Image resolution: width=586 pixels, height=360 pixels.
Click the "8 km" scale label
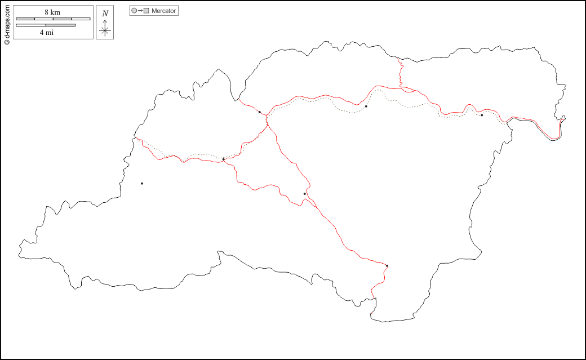tap(52, 12)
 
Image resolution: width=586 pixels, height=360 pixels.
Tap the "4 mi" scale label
tap(47, 32)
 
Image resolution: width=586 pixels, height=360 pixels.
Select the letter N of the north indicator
tap(105, 13)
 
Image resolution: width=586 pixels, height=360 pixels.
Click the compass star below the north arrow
tap(105, 31)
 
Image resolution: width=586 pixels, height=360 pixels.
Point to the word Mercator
tap(164, 11)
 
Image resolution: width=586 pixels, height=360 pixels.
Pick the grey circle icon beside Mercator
tap(134, 11)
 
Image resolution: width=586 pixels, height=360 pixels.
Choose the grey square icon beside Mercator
tap(146, 11)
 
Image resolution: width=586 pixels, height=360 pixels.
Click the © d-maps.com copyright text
tap(7, 23)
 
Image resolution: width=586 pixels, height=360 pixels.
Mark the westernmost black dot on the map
tap(142, 183)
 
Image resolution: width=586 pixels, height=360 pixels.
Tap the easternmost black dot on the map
tap(482, 115)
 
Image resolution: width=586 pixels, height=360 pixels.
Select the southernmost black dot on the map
tap(387, 265)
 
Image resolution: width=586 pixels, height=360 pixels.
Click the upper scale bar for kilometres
tap(53, 19)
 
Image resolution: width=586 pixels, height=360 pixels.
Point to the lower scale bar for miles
tap(46, 25)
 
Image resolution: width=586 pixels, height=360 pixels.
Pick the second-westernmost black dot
tap(224, 159)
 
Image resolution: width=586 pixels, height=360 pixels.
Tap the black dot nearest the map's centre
tap(305, 194)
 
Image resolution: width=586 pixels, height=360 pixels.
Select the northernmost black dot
tap(366, 106)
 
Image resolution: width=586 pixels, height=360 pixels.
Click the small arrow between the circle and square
tap(140, 11)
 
